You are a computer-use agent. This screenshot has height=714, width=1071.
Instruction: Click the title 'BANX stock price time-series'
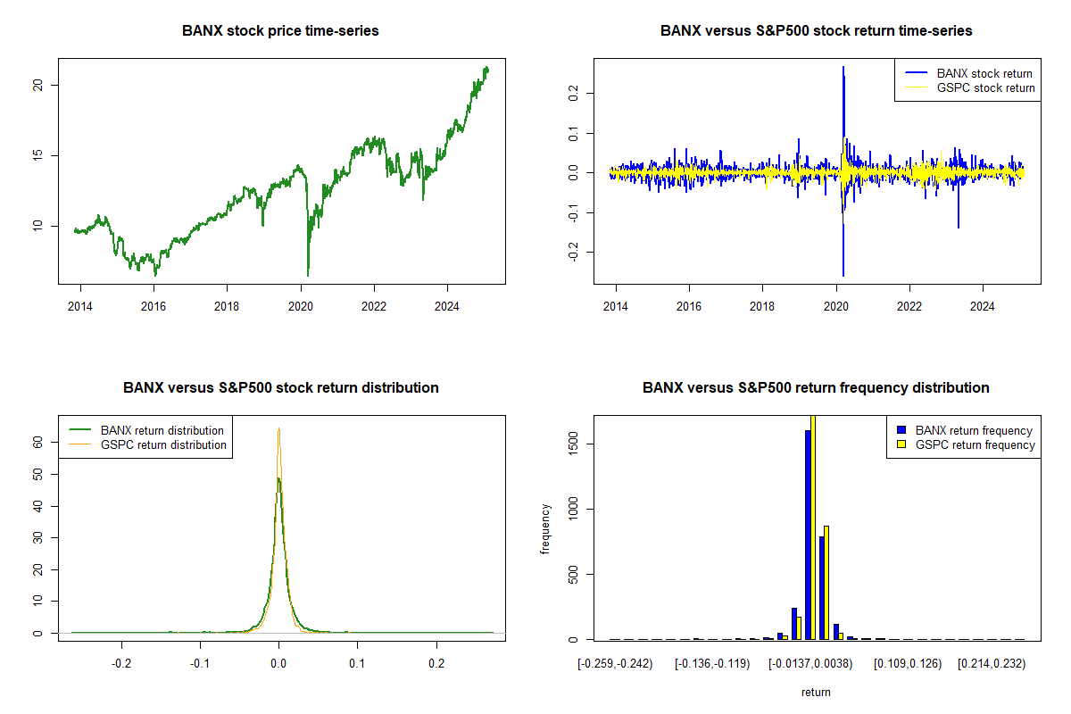click(x=280, y=31)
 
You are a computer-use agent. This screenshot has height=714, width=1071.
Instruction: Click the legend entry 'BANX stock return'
click(x=984, y=73)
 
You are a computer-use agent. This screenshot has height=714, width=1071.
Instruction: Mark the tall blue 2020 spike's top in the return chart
click(x=843, y=67)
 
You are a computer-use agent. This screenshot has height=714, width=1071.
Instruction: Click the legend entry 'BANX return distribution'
click(x=162, y=430)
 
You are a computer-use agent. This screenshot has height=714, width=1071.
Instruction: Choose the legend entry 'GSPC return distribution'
click(x=163, y=444)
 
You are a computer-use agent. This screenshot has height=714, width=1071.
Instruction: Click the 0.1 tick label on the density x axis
click(x=357, y=663)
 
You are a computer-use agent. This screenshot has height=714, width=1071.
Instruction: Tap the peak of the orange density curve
click(x=279, y=429)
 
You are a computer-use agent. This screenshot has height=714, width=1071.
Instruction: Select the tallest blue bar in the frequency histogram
click(x=808, y=535)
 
